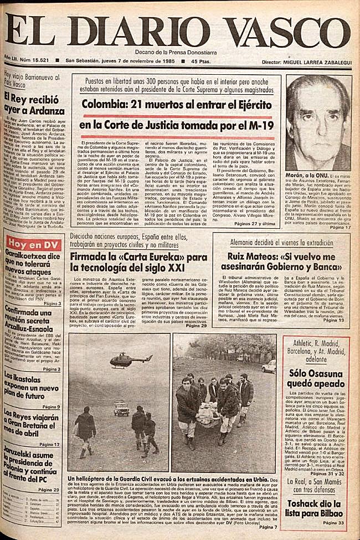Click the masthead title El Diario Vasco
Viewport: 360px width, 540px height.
[179, 28]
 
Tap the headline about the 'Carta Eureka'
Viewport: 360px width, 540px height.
[138, 263]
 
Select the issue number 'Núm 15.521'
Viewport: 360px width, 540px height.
[42, 61]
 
